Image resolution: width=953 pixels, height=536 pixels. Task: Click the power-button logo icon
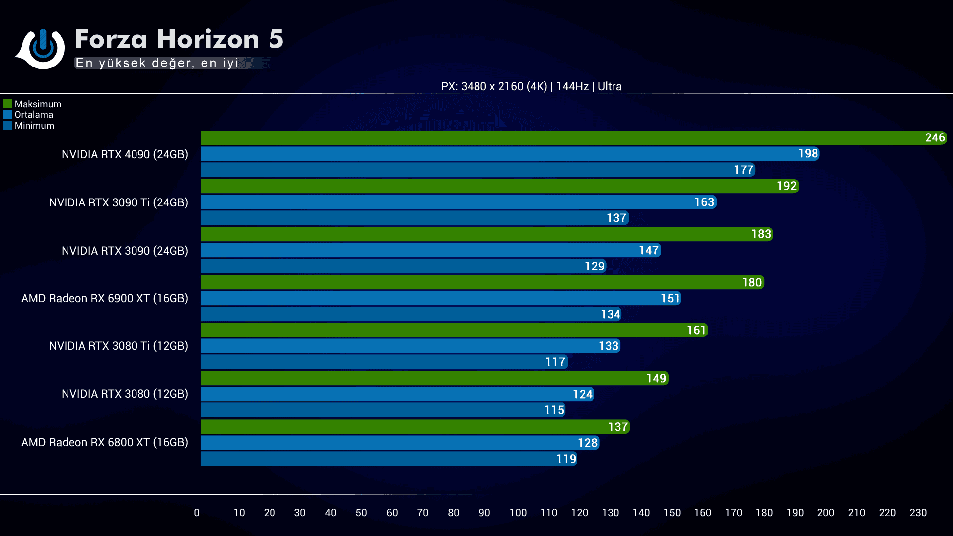coord(42,48)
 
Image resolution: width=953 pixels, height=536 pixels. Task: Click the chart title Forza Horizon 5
coord(179,39)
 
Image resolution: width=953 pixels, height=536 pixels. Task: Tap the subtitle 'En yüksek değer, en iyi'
coord(157,63)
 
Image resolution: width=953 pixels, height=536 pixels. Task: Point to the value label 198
coord(808,154)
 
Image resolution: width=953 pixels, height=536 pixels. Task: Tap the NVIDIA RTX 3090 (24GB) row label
coord(125,251)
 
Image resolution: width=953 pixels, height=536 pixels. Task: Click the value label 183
coord(761,234)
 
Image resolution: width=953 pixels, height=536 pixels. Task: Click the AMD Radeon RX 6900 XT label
coord(105,298)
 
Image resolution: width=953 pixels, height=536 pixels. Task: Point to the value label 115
coord(554,410)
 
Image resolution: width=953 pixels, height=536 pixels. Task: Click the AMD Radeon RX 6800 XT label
coord(105,442)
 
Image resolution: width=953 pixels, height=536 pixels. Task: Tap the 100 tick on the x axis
coord(518,513)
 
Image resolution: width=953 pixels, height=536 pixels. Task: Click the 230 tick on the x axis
coord(918,513)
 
